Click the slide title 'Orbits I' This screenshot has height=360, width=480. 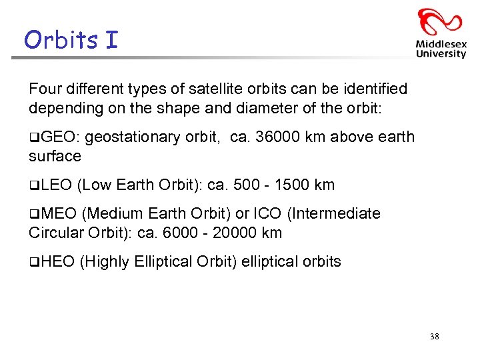(71, 40)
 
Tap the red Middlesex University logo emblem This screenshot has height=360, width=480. (440, 23)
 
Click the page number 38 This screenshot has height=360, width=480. (435, 337)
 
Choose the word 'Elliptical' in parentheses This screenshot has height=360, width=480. (164, 262)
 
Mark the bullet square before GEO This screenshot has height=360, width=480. (33, 138)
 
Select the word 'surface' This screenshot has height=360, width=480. (55, 157)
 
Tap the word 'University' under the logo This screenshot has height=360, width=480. (441, 54)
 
